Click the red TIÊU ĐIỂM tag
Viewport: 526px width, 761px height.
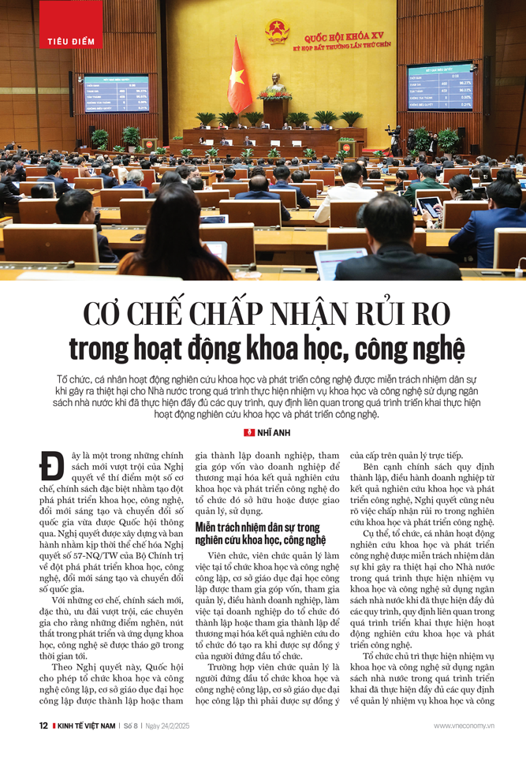pos(71,40)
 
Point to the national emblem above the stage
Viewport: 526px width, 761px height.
pos(277,32)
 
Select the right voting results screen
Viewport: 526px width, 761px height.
pos(439,86)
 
